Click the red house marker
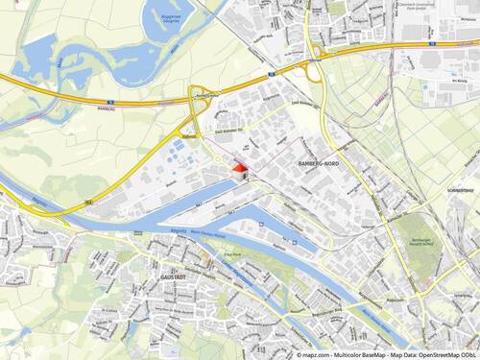point(238,170)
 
